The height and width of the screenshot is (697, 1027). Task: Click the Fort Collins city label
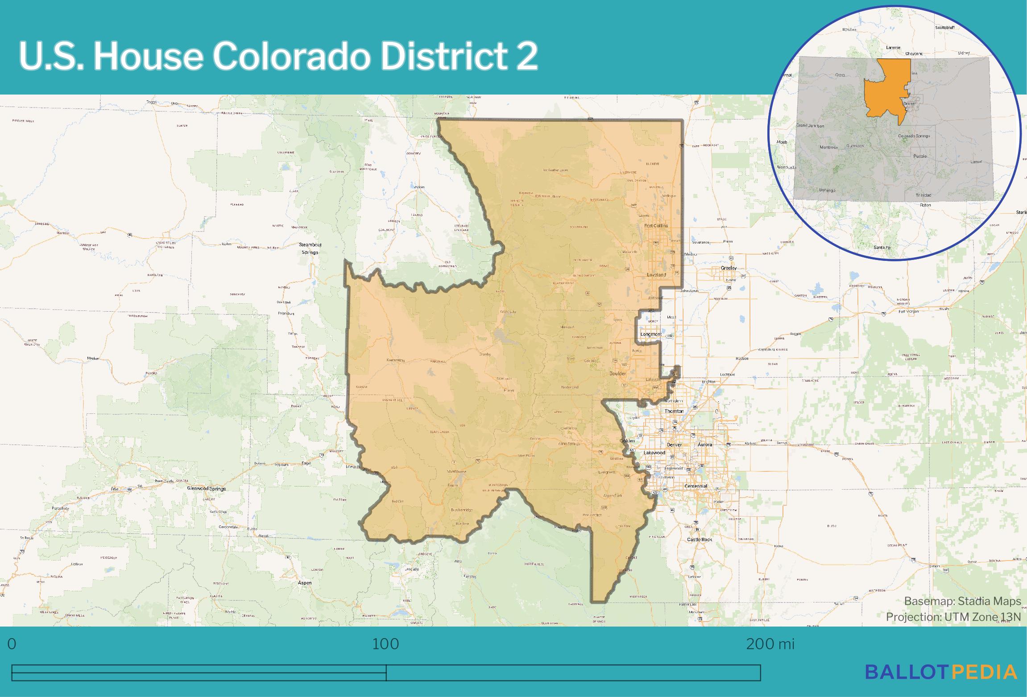click(x=656, y=226)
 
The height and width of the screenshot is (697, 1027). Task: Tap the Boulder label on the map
click(x=617, y=373)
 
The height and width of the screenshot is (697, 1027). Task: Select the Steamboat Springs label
click(x=310, y=248)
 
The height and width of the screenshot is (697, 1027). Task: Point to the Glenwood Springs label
click(x=206, y=488)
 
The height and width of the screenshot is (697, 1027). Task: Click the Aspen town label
click(x=305, y=583)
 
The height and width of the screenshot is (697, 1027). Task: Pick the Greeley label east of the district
click(x=729, y=268)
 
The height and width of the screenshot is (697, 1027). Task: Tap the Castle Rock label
click(x=700, y=540)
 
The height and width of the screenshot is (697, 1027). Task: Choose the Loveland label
click(x=656, y=275)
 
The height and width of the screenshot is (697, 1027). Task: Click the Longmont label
click(x=650, y=334)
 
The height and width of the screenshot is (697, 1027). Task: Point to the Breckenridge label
click(x=461, y=510)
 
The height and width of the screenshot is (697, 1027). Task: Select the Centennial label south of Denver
click(x=696, y=486)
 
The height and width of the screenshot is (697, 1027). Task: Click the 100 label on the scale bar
click(x=385, y=644)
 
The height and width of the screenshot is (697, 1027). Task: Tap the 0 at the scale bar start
click(x=12, y=644)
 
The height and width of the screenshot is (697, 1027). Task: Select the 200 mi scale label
click(x=770, y=644)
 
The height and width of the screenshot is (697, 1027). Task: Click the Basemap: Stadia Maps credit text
click(x=962, y=601)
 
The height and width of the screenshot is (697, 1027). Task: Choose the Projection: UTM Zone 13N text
click(x=953, y=617)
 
